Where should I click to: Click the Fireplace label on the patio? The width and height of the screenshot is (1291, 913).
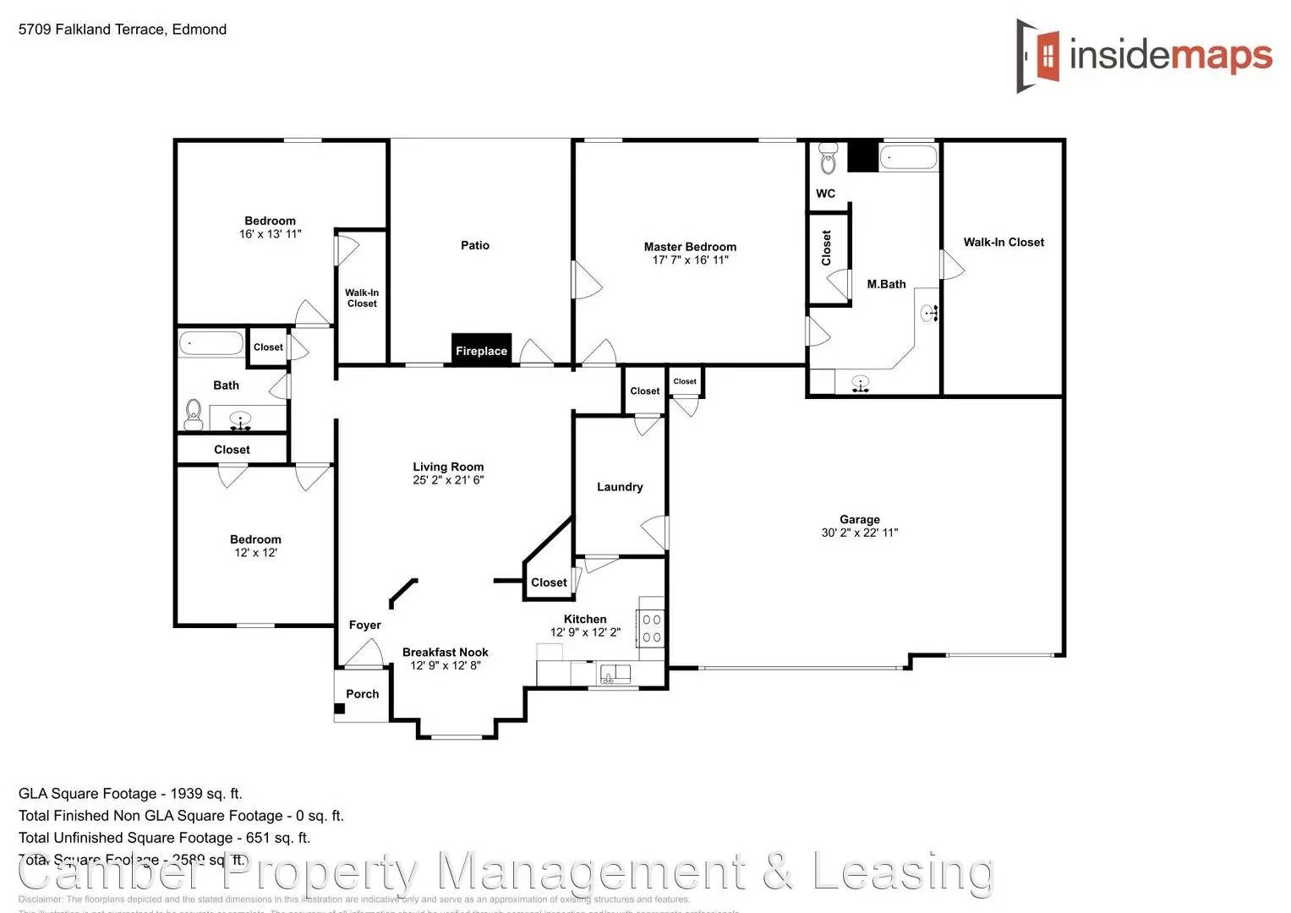pyautogui.click(x=481, y=351)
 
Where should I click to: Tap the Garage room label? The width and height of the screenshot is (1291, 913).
pyautogui.click(x=859, y=519)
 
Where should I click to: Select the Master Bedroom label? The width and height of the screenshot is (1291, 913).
pyautogui.click(x=690, y=247)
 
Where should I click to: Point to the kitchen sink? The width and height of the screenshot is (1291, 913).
pyautogui.click(x=615, y=674)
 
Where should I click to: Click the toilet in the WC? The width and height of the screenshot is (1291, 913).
pyautogui.click(x=828, y=159)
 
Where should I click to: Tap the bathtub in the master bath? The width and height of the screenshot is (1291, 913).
pyautogui.click(x=908, y=158)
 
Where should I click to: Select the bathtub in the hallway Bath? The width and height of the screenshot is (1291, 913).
pyautogui.click(x=211, y=344)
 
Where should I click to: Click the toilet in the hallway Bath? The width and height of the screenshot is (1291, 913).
pyautogui.click(x=194, y=414)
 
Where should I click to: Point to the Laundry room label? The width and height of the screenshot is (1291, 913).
pyautogui.click(x=620, y=487)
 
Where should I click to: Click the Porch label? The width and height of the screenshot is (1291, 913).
pyautogui.click(x=362, y=694)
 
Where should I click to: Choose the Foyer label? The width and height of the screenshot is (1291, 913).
pyautogui.click(x=364, y=625)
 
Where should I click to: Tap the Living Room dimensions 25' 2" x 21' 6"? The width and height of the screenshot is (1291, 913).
pyautogui.click(x=448, y=480)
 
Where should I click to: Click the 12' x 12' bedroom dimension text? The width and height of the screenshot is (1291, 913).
pyautogui.click(x=255, y=553)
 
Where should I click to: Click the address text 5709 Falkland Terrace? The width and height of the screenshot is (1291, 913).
pyautogui.click(x=123, y=30)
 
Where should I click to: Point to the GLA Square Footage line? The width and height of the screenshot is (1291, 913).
pyautogui.click(x=130, y=793)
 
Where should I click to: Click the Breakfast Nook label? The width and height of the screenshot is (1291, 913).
pyautogui.click(x=445, y=652)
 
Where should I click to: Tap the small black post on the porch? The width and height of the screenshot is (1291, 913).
pyautogui.click(x=339, y=708)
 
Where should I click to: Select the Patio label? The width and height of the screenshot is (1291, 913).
pyautogui.click(x=474, y=245)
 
